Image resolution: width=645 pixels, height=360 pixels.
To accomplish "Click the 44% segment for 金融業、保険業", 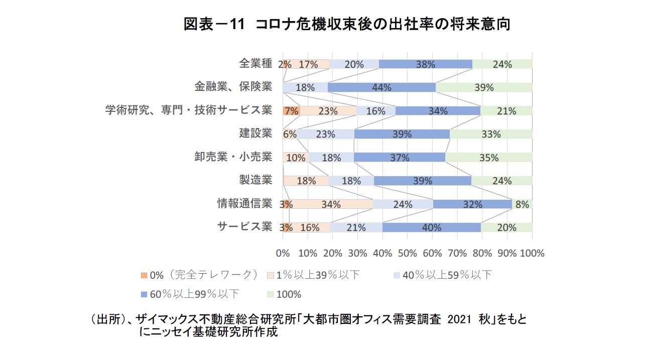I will point(381,87).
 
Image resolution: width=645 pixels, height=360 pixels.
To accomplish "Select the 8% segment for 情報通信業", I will point(522,204).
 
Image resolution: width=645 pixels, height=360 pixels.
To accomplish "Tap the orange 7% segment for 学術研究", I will point(291,111).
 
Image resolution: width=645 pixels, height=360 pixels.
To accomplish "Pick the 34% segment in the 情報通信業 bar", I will point(330,204).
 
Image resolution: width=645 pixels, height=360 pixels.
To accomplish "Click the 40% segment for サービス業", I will point(432,227).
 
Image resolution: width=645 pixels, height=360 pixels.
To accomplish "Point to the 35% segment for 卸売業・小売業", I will point(488,158).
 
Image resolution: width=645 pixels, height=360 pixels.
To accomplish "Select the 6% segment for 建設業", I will point(290,134).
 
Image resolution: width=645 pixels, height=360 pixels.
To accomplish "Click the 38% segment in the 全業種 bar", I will point(425,64).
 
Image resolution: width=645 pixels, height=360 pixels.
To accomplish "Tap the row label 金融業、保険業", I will point(233,86).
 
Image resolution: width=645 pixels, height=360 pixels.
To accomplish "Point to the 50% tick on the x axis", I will point(407,253).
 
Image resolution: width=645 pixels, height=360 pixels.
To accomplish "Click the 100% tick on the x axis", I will point(532,253).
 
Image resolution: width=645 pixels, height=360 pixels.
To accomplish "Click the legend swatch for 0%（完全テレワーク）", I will point(144,275).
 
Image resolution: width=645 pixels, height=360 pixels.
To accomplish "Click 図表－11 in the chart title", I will point(213,24).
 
